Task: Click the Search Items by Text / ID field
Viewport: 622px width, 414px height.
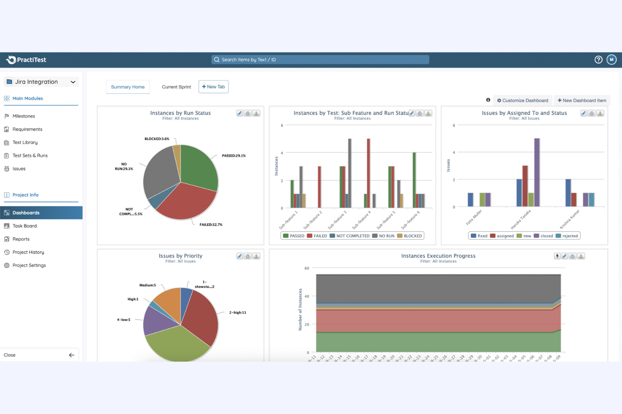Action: tap(320, 60)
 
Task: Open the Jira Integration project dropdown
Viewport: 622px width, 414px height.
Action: tap(41, 82)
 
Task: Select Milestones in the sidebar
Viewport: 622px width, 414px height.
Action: tap(24, 116)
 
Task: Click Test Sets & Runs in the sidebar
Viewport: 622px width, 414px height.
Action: tap(30, 156)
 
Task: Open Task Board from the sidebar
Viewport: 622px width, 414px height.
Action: tap(24, 226)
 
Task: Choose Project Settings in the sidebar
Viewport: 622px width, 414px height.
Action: tap(29, 266)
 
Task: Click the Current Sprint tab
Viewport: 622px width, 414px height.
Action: tap(176, 87)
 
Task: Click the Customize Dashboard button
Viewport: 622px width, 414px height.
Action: tap(522, 101)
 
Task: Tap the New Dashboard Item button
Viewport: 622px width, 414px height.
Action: tap(582, 101)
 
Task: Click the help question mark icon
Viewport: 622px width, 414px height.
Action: tap(598, 60)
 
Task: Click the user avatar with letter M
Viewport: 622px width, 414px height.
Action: tap(611, 60)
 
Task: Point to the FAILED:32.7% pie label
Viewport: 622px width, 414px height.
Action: tap(211, 225)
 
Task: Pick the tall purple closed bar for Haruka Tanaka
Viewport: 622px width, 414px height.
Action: tap(537, 172)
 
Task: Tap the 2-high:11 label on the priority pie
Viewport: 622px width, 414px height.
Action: tap(237, 312)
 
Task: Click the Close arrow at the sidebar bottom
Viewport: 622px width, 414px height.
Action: tap(71, 355)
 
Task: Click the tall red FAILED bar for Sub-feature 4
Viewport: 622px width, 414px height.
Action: tap(369, 173)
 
